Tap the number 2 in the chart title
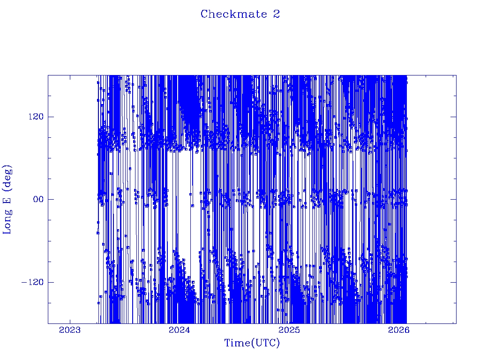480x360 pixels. (277, 14)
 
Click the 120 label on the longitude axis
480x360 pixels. (33, 116)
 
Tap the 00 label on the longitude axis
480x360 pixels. (36, 199)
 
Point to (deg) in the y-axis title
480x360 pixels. (8, 177)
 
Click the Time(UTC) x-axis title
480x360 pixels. (252, 343)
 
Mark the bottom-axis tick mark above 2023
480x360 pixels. (70, 321)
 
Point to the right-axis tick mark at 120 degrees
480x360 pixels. (453, 116)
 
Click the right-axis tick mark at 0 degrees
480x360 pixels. (453, 199)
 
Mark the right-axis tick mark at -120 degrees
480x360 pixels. (453, 282)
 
